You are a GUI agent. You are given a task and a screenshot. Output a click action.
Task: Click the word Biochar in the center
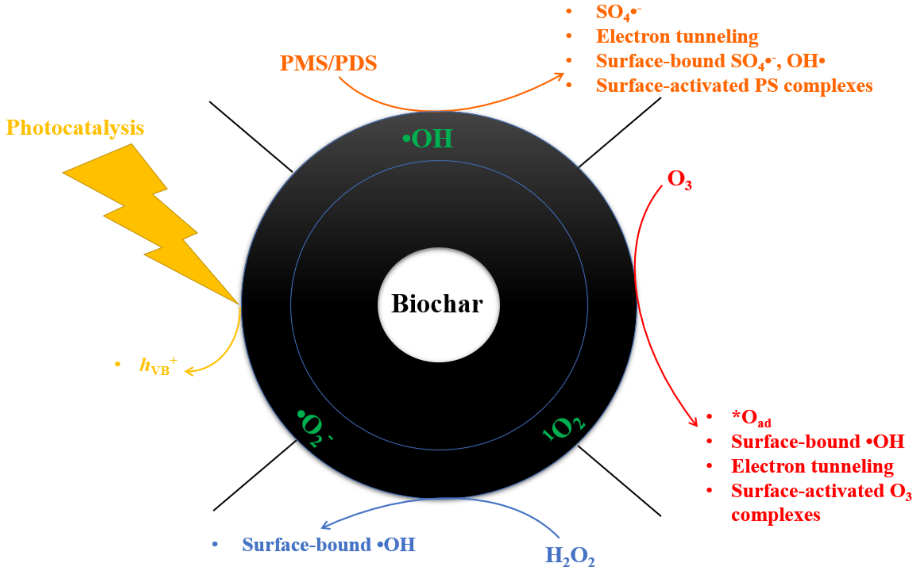pos(437,304)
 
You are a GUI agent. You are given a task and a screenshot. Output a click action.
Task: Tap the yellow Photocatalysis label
pos(75,128)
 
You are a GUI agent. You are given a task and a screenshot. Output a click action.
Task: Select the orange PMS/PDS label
pos(328,63)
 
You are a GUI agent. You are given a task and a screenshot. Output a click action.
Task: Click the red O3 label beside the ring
pos(679,179)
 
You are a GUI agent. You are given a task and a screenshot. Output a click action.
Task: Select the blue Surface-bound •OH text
pos(328,545)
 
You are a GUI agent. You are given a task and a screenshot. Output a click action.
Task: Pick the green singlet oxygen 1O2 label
pos(564,429)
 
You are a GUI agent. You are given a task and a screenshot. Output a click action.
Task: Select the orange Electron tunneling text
pos(677,37)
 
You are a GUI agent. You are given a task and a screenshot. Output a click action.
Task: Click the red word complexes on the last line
pos(776,515)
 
